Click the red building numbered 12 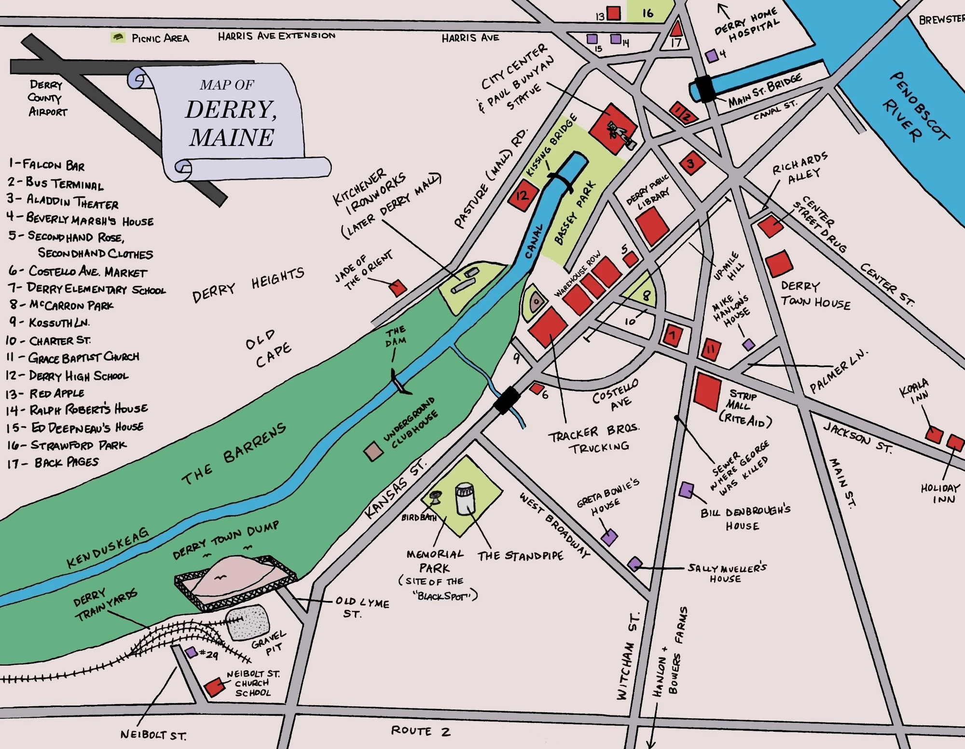point(522,195)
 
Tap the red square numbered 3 point(691,163)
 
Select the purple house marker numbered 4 point(712,56)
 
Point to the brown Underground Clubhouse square point(373,451)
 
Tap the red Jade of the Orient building point(398,288)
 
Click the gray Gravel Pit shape point(248,622)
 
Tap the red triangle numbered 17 point(676,28)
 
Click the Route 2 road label point(420,731)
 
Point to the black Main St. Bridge point(705,88)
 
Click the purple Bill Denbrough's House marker point(686,490)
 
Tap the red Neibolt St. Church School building point(214,687)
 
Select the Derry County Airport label point(47,98)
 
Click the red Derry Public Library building point(652,226)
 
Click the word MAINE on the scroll point(232,137)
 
